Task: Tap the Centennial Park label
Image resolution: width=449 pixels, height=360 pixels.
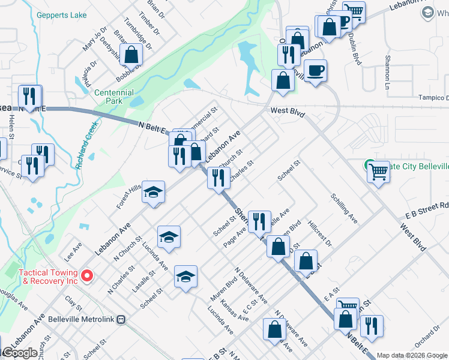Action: click(x=114, y=97)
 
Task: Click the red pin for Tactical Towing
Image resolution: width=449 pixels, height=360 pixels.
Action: click(x=87, y=276)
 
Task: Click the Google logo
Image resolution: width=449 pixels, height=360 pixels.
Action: click(x=19, y=353)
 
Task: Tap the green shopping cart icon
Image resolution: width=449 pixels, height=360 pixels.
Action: click(x=379, y=171)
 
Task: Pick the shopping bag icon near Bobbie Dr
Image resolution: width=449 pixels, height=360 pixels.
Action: click(x=131, y=56)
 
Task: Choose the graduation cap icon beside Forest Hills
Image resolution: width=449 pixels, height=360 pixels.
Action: click(x=154, y=192)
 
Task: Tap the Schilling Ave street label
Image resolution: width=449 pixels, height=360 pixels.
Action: click(x=344, y=208)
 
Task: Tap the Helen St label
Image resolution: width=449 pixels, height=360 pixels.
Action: click(x=11, y=125)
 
